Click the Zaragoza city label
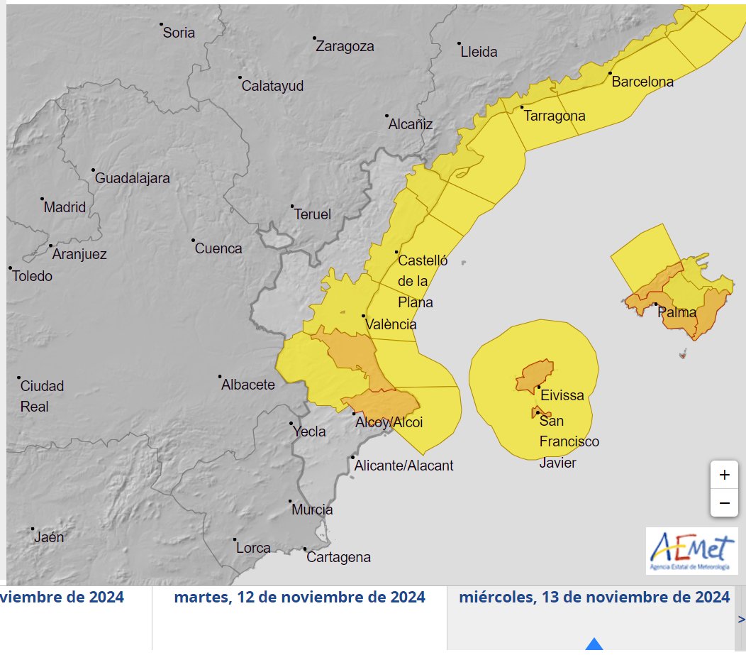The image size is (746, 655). [345, 47]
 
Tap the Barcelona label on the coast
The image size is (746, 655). [642, 82]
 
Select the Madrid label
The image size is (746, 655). [65, 208]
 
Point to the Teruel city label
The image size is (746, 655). [312, 214]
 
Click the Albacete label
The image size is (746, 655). [248, 385]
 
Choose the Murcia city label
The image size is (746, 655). [312, 510]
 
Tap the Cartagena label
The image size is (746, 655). [338, 558]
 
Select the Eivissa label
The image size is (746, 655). [562, 395]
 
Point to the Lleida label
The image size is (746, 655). [479, 52]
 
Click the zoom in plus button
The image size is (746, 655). [724, 475]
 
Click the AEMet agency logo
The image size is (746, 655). [691, 550]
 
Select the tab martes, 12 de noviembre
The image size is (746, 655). [299, 598]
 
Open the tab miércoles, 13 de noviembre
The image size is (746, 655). [594, 598]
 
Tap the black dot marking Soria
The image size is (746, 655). [162, 25]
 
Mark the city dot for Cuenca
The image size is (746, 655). [193, 241]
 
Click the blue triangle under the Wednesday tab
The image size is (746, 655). [594, 645]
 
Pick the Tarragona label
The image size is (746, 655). [555, 116]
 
